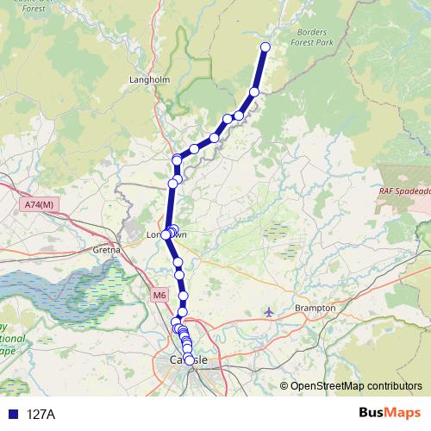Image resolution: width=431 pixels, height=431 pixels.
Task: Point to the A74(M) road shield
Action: click(x=39, y=204)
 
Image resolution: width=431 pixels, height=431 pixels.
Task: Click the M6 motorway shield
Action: click(x=159, y=296)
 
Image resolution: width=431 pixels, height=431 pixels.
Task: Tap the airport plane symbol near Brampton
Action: click(x=271, y=310)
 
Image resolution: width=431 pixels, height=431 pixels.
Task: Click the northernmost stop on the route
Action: click(x=265, y=47)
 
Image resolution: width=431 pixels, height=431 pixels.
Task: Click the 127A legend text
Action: click(x=41, y=415)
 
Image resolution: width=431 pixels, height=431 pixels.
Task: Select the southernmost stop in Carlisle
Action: click(x=190, y=372)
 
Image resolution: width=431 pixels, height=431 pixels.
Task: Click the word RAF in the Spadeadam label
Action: click(x=388, y=191)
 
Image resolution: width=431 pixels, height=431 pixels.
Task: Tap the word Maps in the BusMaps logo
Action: click(x=400, y=413)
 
